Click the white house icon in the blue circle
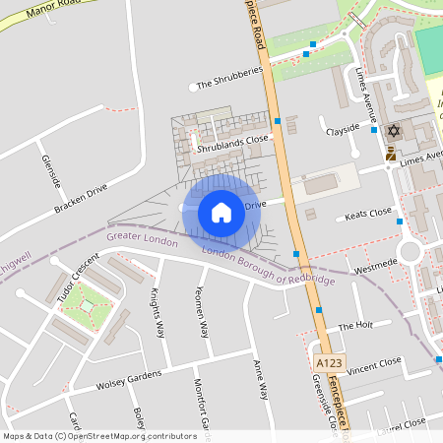click(x=221, y=212)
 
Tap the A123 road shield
click(x=328, y=363)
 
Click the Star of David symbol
click(x=395, y=131)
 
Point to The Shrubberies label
click(x=229, y=79)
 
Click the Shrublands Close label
click(x=232, y=141)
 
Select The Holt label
click(x=355, y=325)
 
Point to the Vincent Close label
click(x=374, y=364)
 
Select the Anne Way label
click(x=261, y=377)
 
